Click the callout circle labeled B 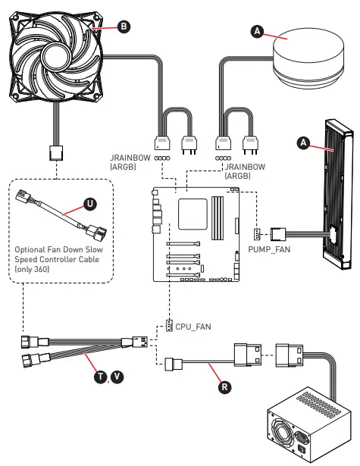coord(124,25)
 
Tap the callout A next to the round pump coord(258,30)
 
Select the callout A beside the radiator coord(303,142)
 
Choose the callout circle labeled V coord(117,377)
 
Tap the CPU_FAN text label coord(194,327)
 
